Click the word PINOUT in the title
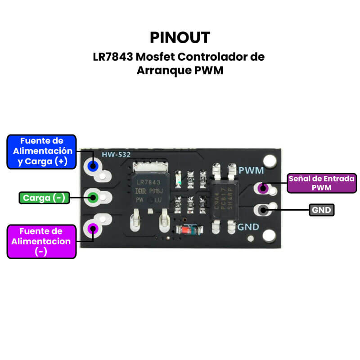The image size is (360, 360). [x=180, y=37]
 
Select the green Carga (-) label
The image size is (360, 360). [x=44, y=198]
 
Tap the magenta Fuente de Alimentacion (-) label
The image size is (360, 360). [x=41, y=241]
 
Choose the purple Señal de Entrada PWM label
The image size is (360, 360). [x=321, y=183]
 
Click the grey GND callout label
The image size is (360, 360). [x=322, y=210]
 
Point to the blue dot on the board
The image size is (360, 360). [x=93, y=166]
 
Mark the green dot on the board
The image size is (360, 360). [x=93, y=197]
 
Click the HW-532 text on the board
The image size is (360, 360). [x=116, y=155]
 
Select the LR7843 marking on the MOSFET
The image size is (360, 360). [x=148, y=182]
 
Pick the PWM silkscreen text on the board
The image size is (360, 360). [x=251, y=171]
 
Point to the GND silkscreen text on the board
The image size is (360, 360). [x=249, y=227]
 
